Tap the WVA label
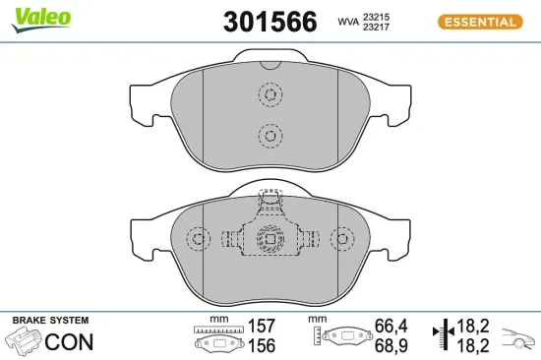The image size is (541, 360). [347, 22]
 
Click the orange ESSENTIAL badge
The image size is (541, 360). [479, 22]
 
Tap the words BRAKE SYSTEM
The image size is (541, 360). [49, 321]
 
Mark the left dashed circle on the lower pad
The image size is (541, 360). [199, 240]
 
